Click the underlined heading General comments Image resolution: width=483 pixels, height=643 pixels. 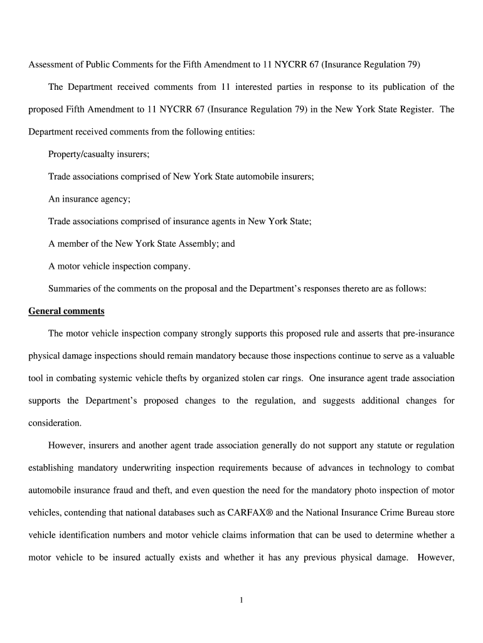(x=66, y=311)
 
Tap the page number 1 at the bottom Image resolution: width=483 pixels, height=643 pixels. (x=241, y=600)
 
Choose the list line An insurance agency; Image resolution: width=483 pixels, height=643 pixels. (x=89, y=199)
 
